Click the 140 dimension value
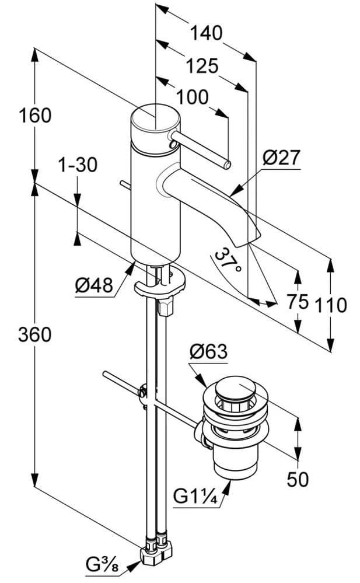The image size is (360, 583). tap(205, 33)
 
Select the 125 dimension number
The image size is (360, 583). tap(202, 65)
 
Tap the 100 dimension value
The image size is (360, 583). tap(192, 97)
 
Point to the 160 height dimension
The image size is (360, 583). tap(34, 116)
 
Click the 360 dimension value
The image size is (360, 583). tap(34, 335)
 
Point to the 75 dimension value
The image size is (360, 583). tap(298, 302)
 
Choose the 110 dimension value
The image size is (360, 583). tap(331, 304)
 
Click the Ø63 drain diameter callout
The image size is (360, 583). tap(208, 352)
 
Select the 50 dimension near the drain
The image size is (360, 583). tap(298, 479)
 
